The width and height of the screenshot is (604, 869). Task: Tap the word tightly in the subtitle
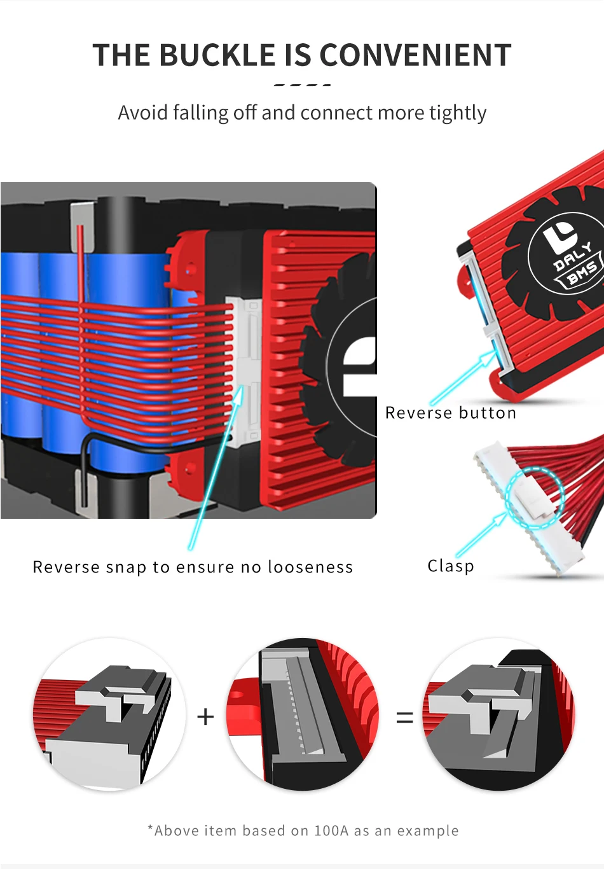coord(457,113)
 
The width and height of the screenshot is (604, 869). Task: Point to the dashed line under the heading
coord(302,84)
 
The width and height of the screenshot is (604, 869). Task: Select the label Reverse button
coord(451,413)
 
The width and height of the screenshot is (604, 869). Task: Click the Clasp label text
coord(451,566)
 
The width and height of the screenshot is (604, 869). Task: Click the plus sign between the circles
coord(205,717)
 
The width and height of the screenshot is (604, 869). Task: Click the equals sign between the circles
coord(404,718)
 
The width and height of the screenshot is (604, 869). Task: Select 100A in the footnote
coord(331,831)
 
